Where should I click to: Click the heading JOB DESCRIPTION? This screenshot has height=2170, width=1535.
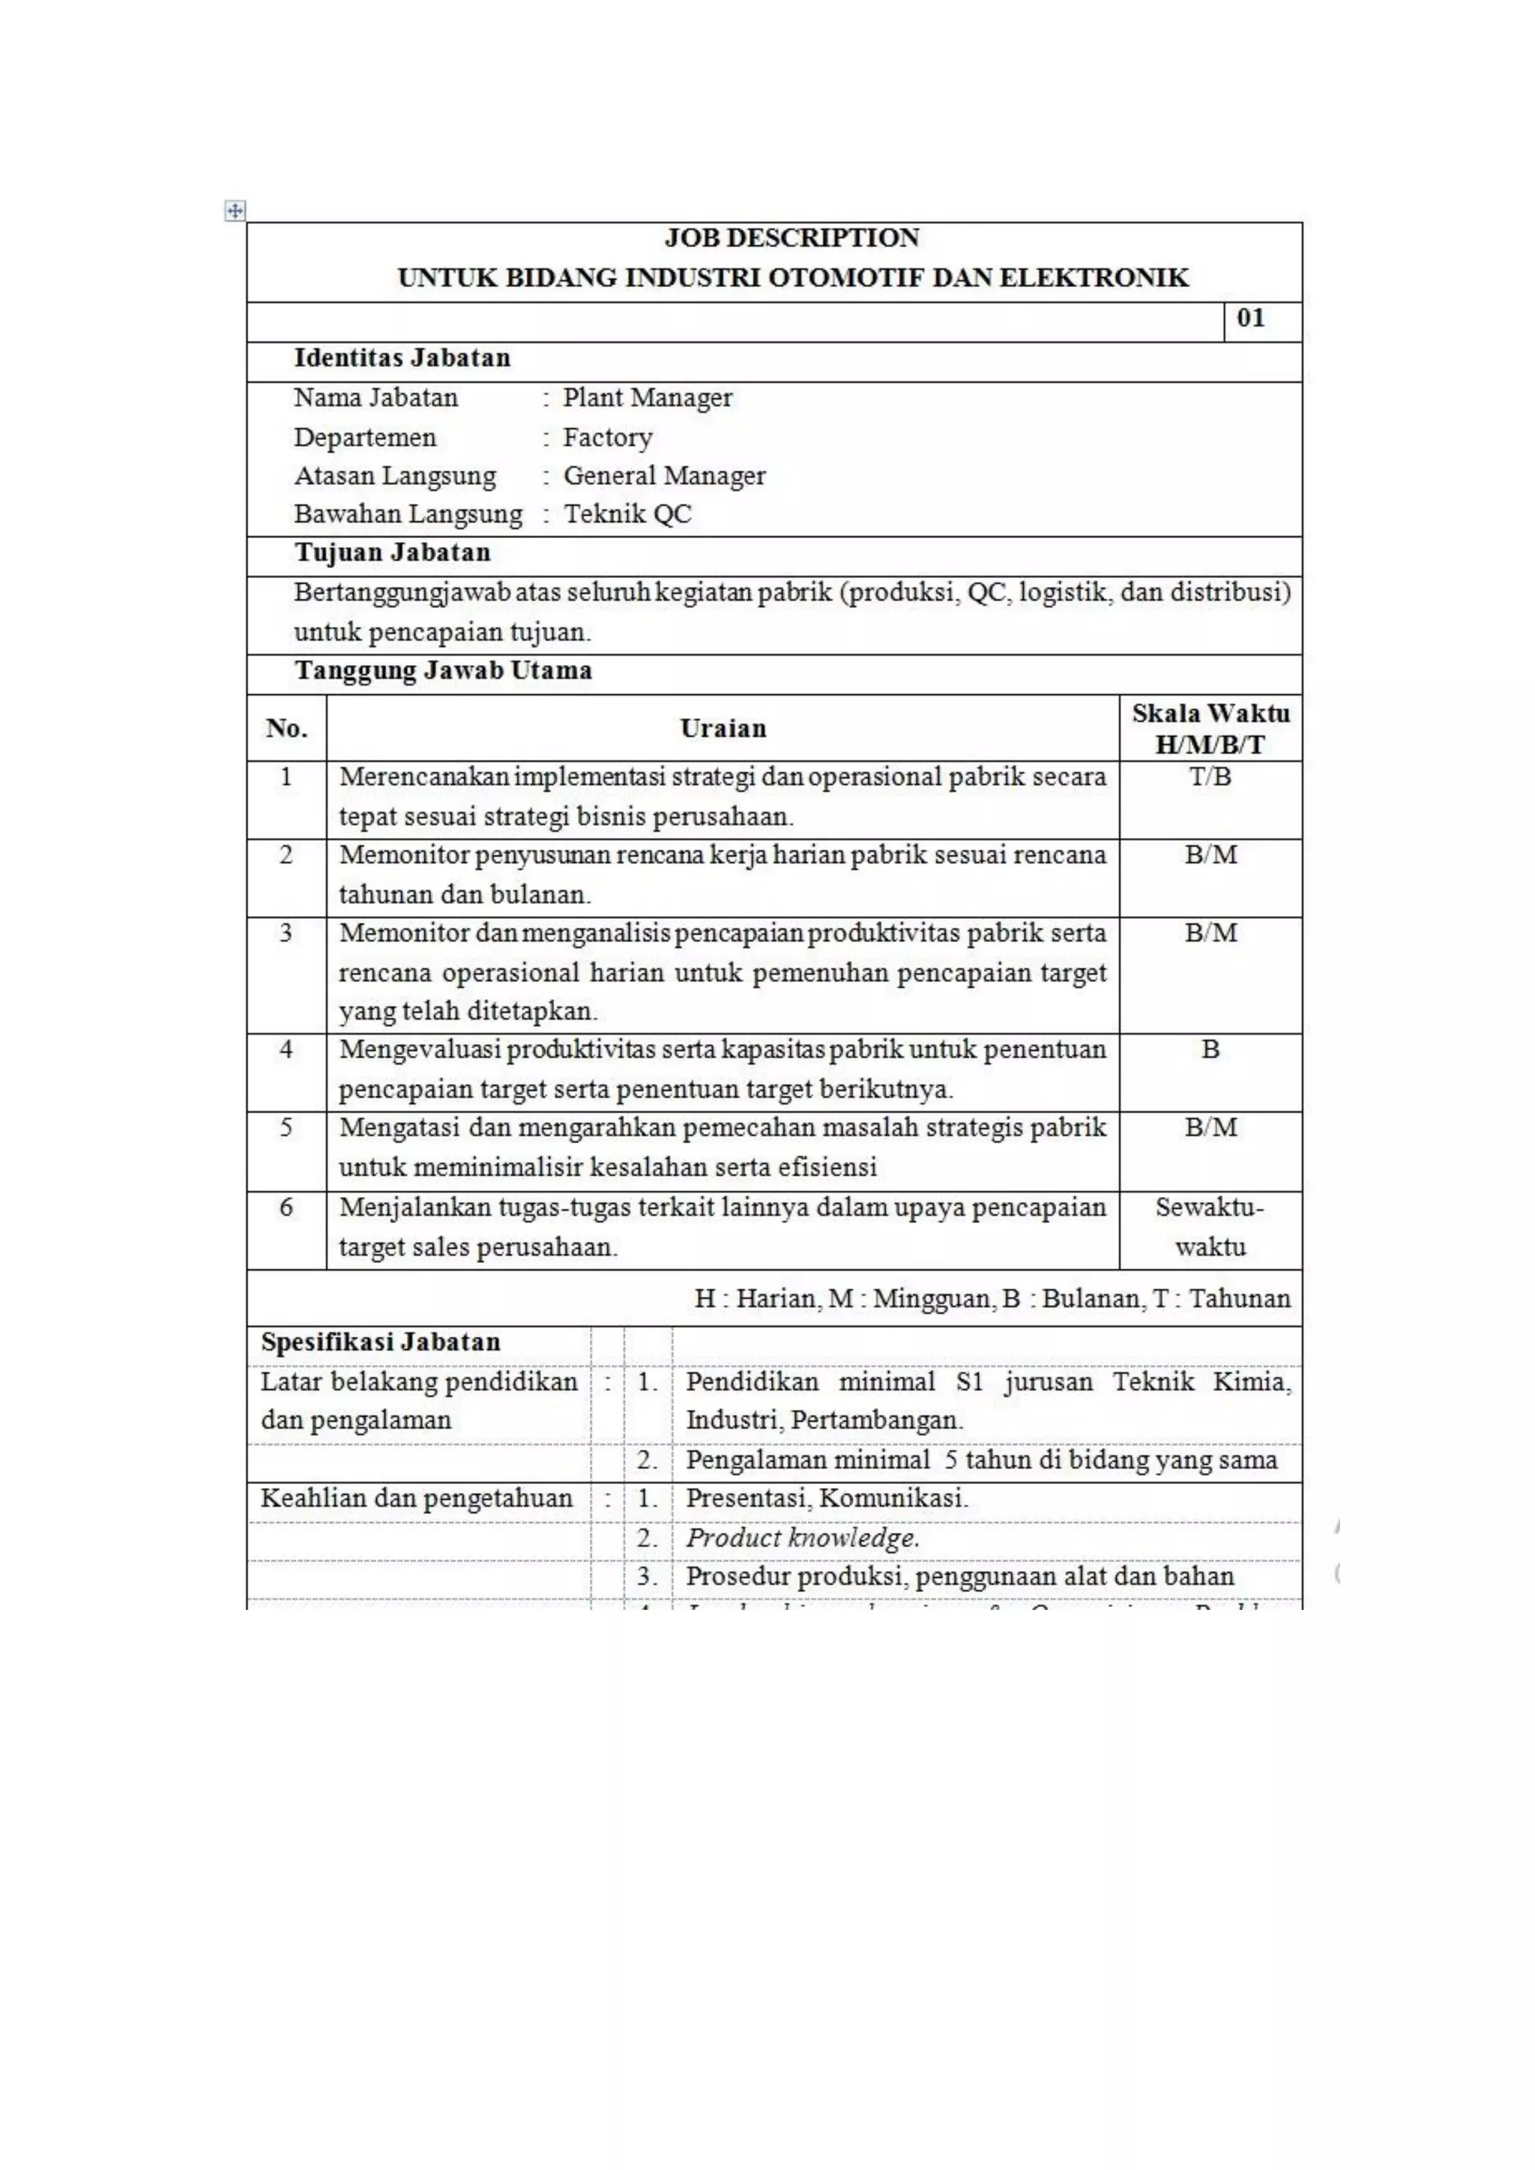pos(791,237)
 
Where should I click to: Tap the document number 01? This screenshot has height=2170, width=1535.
pos(1249,318)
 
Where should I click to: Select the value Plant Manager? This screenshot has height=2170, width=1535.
pos(647,398)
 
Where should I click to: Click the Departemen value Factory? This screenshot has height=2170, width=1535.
pos(607,438)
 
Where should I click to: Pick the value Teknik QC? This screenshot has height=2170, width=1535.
pos(627,514)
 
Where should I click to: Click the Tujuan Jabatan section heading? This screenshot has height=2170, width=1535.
pos(392,553)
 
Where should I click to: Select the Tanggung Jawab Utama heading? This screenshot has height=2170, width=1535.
pos(442,671)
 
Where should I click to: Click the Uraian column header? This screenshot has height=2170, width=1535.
pos(723,729)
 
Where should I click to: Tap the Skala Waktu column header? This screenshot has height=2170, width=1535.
pos(1210,729)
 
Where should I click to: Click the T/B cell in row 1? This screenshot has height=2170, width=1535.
pos(1210,777)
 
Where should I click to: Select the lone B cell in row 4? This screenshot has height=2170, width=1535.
pos(1210,1050)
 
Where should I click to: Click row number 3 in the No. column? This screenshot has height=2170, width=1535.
pos(286,932)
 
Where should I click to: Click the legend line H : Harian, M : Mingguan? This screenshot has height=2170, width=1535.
pos(992,1298)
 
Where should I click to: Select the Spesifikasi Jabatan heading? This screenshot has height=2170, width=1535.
pos(380,1342)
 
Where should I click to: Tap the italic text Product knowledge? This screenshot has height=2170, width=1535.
pos(801,1537)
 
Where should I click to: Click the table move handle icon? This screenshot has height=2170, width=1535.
pos(235,211)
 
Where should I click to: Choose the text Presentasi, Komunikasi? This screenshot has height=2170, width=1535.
pos(826,1498)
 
